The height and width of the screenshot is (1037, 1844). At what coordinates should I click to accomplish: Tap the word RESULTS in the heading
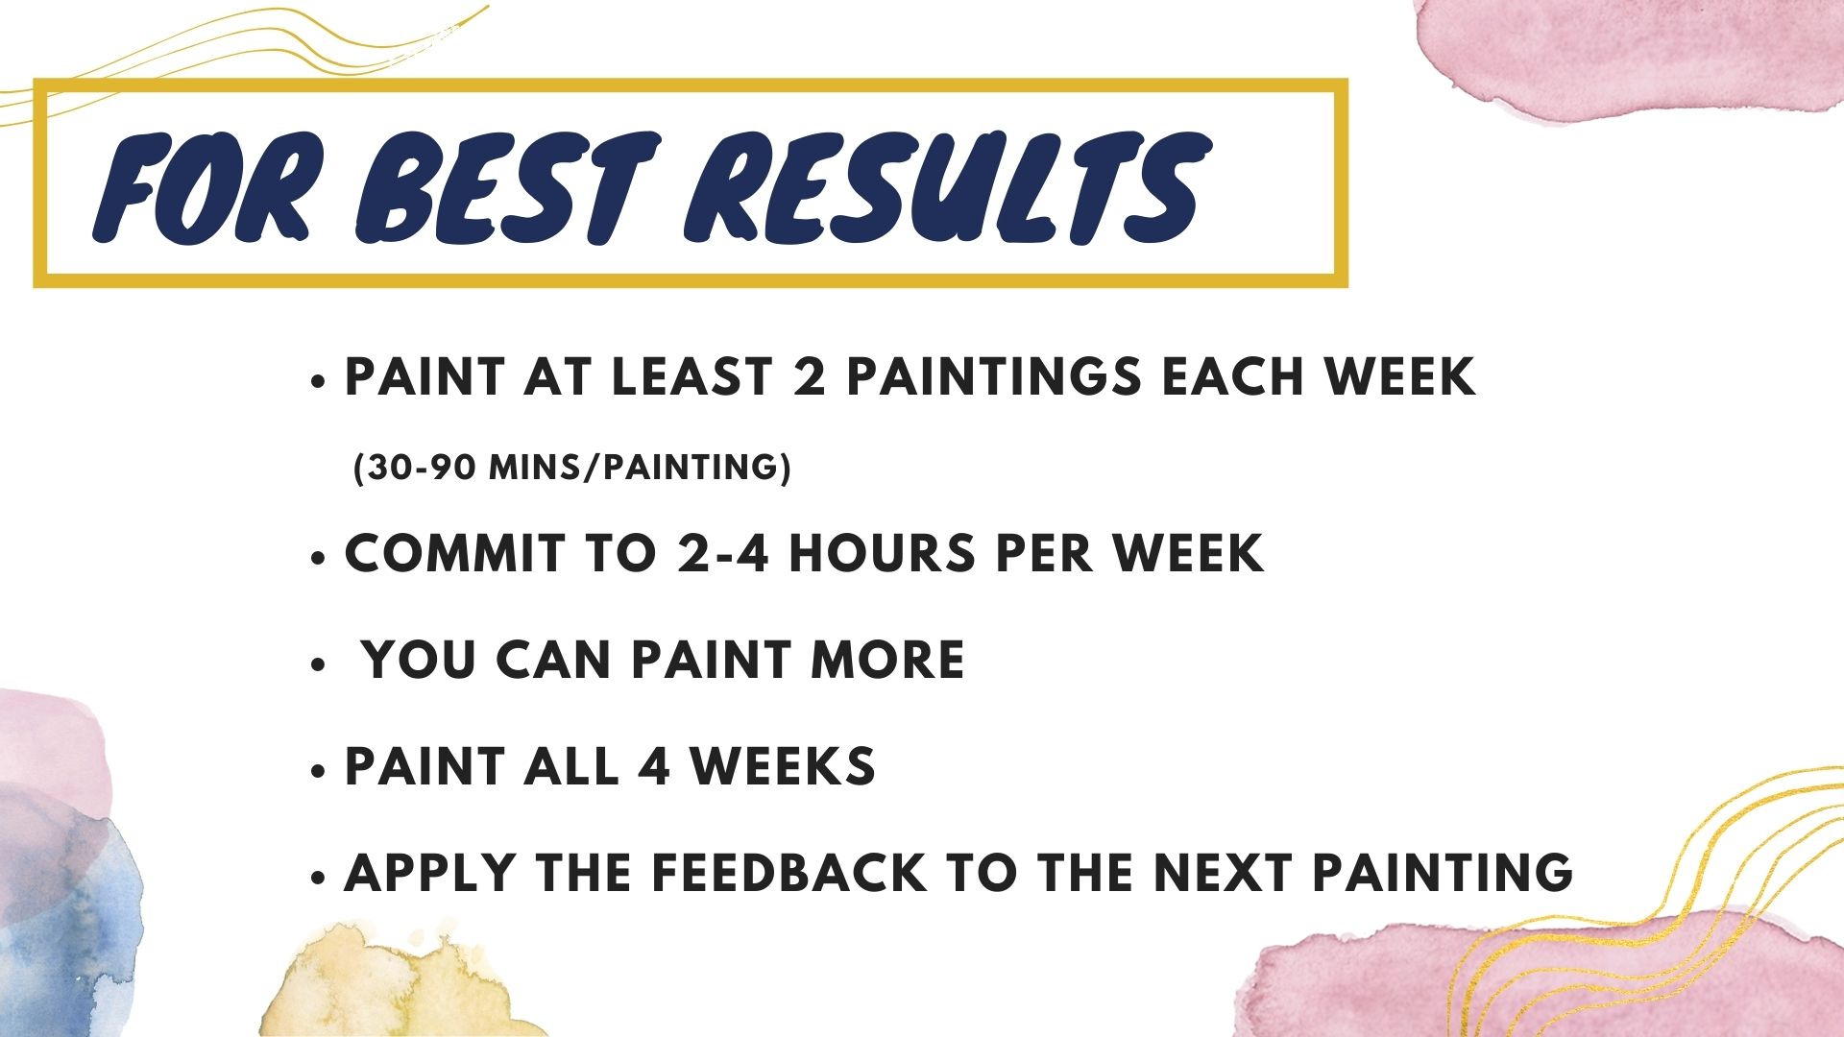(947, 186)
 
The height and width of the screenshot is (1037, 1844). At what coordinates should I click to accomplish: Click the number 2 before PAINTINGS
(810, 376)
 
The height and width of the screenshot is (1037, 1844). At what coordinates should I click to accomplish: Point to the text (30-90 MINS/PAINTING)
(572, 468)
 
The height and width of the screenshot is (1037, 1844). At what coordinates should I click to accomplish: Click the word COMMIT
(454, 553)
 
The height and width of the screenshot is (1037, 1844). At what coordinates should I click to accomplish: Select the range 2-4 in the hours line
(723, 553)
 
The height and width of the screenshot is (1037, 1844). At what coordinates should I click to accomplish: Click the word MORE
(887, 660)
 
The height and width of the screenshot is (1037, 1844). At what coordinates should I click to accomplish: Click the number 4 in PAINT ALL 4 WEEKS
(653, 766)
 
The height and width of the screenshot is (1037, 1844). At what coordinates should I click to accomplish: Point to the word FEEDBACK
(789, 873)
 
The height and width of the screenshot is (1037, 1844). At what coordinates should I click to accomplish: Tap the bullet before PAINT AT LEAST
(319, 381)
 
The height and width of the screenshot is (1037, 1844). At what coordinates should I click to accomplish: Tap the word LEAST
(691, 376)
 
